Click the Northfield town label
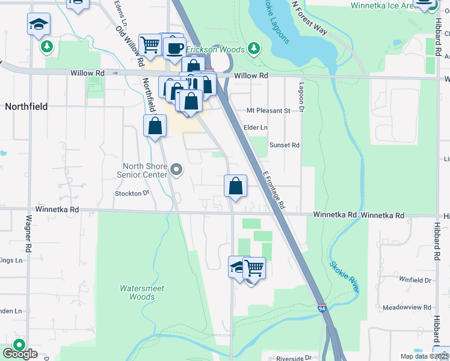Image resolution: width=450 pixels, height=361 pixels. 26,106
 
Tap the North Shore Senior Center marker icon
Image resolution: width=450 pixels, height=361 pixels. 176,170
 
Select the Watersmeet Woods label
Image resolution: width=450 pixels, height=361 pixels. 142,292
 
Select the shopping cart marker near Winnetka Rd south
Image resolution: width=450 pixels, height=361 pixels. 254,267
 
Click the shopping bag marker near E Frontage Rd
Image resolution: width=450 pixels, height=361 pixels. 235,186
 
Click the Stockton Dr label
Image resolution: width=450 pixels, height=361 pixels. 132,193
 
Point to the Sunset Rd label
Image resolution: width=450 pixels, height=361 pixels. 285,145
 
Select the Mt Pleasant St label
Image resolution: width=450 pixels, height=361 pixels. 268,111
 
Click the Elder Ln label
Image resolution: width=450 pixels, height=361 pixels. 255,128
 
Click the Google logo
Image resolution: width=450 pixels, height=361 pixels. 20,353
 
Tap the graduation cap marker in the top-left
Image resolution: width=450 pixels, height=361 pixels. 39,24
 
